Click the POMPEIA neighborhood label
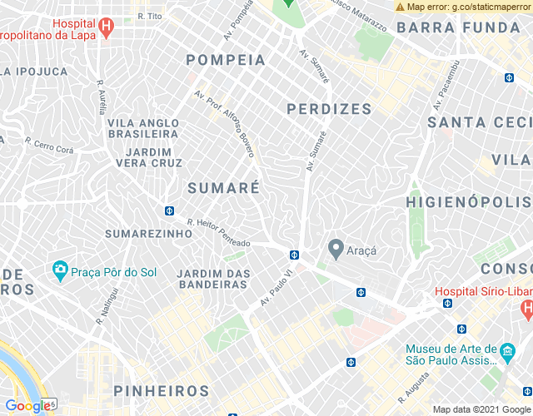coord(226,60)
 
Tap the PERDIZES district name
coord(329,109)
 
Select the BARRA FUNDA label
coord(458,27)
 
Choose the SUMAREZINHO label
coord(148,234)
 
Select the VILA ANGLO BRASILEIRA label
coord(142,128)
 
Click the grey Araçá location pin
coord(336,248)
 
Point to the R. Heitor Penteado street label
coord(218,232)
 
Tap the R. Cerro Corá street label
coord(49,146)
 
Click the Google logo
coord(27,406)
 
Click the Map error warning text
coord(463,7)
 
